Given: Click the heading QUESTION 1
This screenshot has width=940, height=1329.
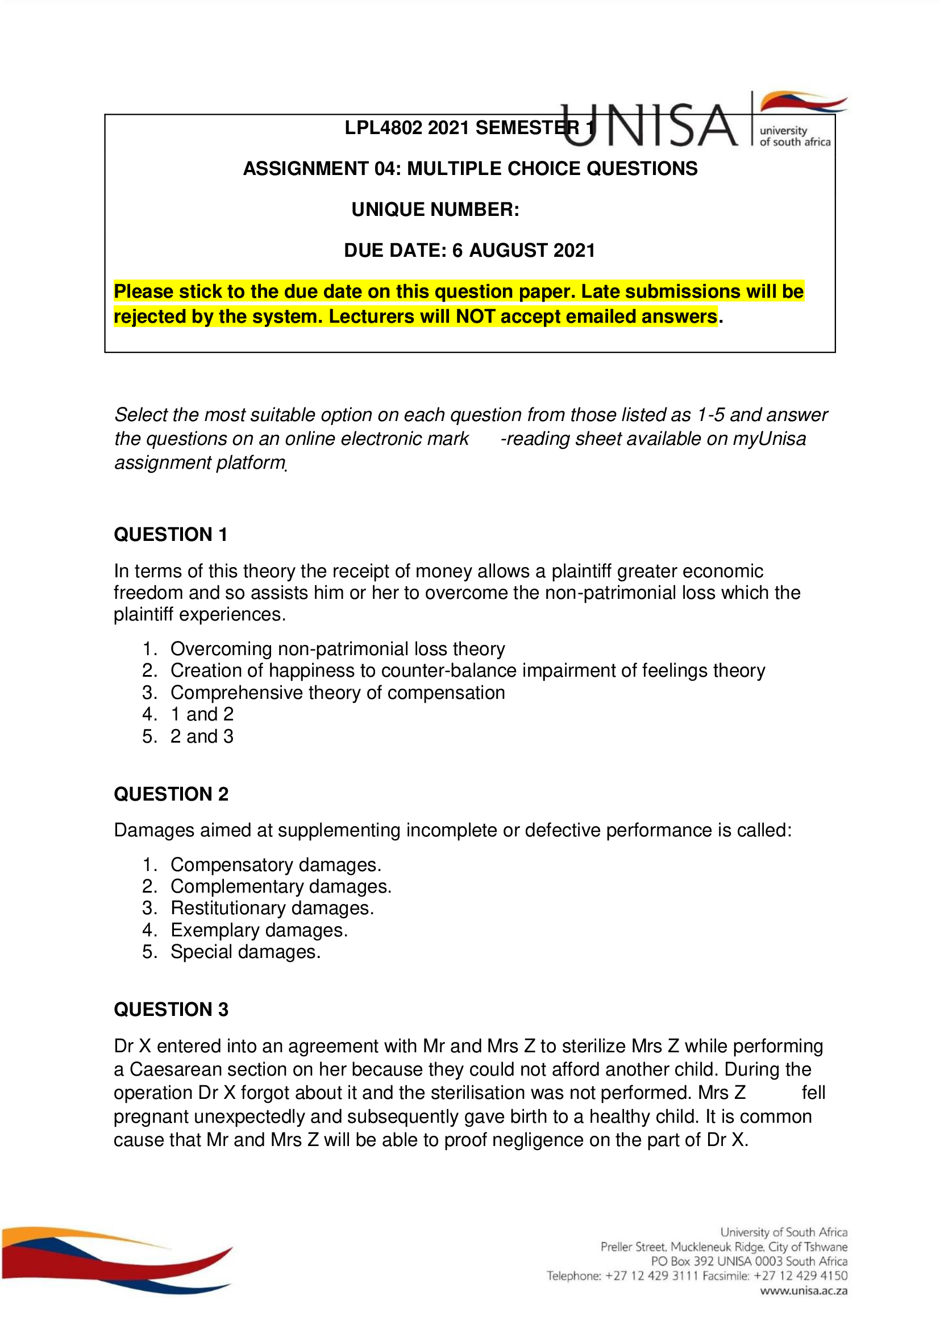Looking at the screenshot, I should coord(170,534).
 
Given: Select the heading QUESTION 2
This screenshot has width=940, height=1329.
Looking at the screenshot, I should coord(170,794).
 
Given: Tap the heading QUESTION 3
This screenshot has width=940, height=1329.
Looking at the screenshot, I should coord(170,1009).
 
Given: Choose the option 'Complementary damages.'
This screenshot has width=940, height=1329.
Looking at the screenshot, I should coord(281,886).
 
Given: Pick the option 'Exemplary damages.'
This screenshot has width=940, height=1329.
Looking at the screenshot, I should coord(259,930).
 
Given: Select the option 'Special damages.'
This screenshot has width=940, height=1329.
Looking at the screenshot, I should coord(246,952).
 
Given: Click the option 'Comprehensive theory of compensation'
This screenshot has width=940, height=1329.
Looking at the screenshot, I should coord(338,692).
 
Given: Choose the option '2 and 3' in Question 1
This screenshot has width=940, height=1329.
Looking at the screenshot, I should coord(201,736).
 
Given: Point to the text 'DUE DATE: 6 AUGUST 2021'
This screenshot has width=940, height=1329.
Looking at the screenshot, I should coord(469,250).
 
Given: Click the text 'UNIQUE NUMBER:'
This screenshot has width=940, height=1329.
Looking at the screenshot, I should coord(435,209).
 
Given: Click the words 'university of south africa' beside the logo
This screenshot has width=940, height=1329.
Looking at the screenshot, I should coord(794,136).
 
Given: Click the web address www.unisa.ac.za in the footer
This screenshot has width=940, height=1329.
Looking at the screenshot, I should coord(804,1290).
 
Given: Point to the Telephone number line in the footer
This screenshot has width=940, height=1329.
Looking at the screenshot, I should coord(696,1275).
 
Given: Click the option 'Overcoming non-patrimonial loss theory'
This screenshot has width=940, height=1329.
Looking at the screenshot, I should coord(338,649).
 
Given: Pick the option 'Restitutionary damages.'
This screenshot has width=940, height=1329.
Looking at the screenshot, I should coord(272,907).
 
